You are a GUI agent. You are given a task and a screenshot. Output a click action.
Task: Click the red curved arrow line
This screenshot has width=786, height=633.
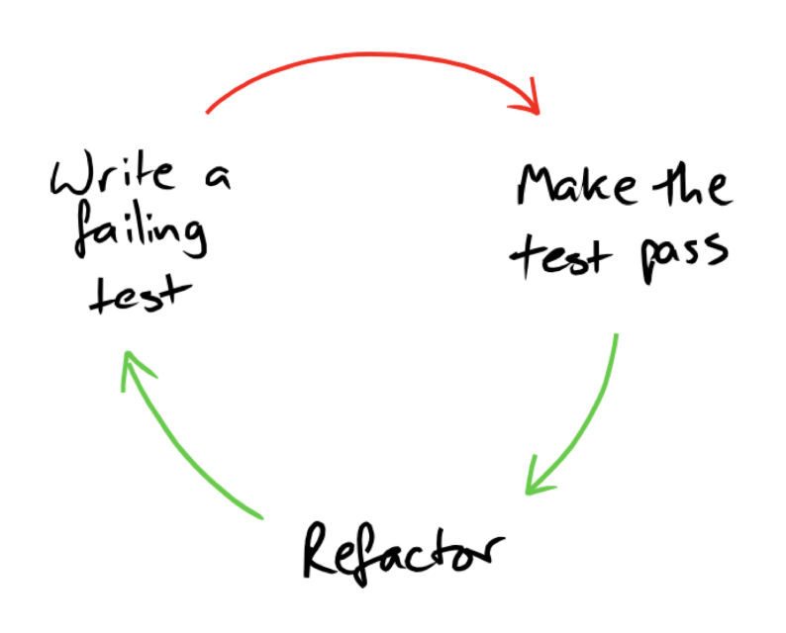[366, 59]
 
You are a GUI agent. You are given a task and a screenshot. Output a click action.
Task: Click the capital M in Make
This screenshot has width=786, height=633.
[540, 186]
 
